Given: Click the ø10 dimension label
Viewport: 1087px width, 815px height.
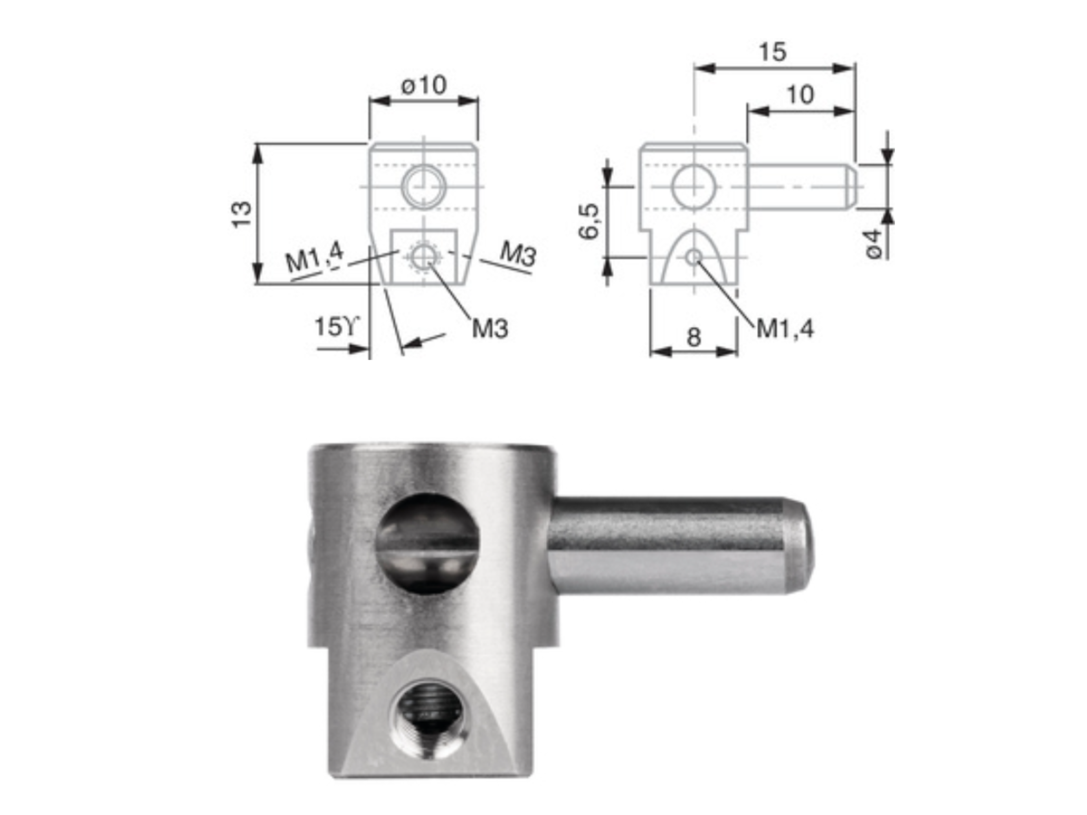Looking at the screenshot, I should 423,86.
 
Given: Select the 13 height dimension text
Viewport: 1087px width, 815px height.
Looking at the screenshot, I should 242,215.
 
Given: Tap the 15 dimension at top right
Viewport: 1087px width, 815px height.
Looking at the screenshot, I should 772,52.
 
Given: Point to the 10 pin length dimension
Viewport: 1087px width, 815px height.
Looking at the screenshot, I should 800,95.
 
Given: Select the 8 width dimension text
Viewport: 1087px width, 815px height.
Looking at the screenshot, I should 693,337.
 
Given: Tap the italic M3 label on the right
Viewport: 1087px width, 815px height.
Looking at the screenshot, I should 518,254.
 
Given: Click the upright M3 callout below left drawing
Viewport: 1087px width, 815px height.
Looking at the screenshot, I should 490,328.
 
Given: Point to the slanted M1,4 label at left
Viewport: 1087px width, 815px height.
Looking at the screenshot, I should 315,258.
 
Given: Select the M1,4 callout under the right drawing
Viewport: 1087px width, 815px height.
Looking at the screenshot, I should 785,328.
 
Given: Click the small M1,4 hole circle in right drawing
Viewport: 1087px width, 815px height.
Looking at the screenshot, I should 694,257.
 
